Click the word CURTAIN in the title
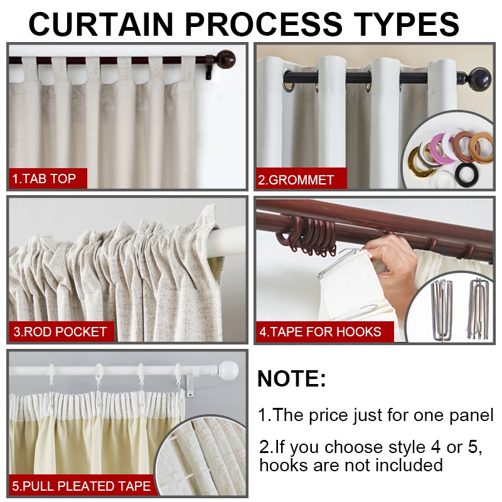click(100, 24)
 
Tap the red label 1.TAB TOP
click(44, 179)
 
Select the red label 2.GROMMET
click(296, 180)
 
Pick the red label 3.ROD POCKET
click(60, 331)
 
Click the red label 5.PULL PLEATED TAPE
click(82, 486)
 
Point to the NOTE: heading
click(292, 379)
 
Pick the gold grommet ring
click(419, 164)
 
